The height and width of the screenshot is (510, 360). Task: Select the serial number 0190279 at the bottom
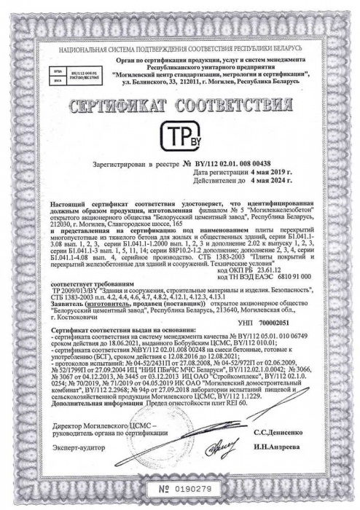pyautogui.click(x=187, y=487)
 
